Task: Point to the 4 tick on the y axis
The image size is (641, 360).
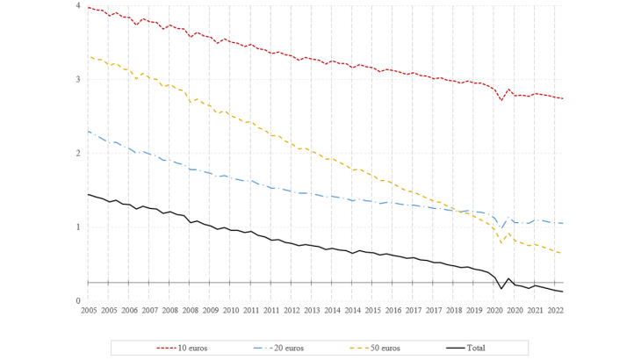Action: click(80, 6)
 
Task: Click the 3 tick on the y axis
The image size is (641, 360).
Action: click(80, 80)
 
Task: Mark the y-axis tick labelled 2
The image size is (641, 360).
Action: click(80, 154)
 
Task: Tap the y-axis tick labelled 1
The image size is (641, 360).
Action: click(80, 227)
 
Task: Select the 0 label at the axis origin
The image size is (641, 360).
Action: click(80, 301)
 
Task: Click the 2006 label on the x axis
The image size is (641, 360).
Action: click(129, 311)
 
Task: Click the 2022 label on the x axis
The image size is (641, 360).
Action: click(555, 311)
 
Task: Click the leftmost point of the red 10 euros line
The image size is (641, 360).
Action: click(88, 7)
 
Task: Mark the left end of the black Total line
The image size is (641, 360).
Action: click(88, 194)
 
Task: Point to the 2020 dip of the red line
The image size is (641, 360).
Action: click(501, 100)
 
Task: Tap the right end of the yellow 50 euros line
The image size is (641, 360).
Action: click(562, 254)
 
